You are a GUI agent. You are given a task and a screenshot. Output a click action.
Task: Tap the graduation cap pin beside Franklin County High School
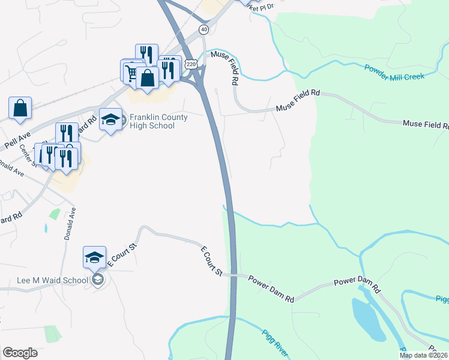110,119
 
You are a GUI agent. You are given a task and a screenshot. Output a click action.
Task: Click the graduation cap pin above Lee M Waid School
94,257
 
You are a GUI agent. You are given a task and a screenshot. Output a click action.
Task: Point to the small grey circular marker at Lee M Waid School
98,279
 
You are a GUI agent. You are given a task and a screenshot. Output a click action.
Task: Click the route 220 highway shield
191,64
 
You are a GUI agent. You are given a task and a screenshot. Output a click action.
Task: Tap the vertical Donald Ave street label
68,224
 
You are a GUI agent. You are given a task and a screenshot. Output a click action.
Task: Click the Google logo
20,353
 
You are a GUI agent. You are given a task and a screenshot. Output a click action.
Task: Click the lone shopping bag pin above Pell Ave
20,108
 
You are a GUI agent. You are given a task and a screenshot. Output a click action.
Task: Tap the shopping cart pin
131,71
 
